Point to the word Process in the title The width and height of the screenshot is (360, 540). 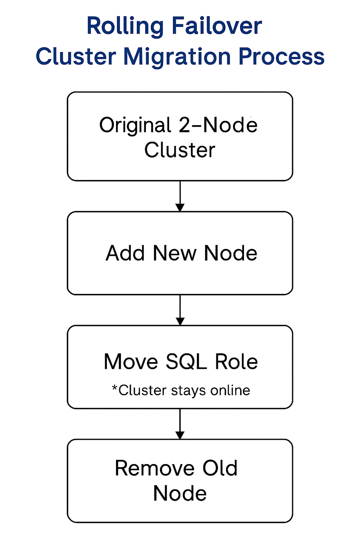pos(282,56)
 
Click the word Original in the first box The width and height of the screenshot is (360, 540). pos(135,126)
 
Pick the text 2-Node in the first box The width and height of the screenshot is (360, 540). pos(218,125)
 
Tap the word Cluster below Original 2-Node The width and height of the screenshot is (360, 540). pos(180,150)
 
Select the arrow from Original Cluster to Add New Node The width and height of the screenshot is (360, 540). pos(180,196)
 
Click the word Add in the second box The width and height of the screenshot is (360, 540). pos(125,253)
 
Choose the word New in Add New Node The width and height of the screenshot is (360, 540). pos(175,253)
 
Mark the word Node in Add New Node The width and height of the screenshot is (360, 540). pos(230,253)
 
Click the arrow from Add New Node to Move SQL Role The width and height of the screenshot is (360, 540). pos(180,310)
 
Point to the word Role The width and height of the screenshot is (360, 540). pos(236,362)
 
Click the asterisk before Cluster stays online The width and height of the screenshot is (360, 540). pos(114,388)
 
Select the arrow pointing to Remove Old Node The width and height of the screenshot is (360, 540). pos(180,424)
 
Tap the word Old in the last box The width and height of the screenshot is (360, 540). pos(220,468)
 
